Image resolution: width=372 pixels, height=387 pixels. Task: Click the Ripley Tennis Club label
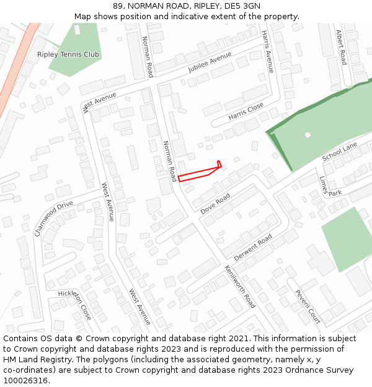point(68,54)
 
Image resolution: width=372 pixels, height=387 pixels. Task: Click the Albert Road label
point(340,47)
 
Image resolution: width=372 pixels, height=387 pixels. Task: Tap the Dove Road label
point(215,204)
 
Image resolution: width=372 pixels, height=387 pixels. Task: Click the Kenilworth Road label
point(240,287)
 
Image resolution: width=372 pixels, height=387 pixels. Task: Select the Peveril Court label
point(308,307)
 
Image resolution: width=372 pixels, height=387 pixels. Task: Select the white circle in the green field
point(308,134)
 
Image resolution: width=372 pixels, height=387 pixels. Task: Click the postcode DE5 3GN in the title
point(243,6)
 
